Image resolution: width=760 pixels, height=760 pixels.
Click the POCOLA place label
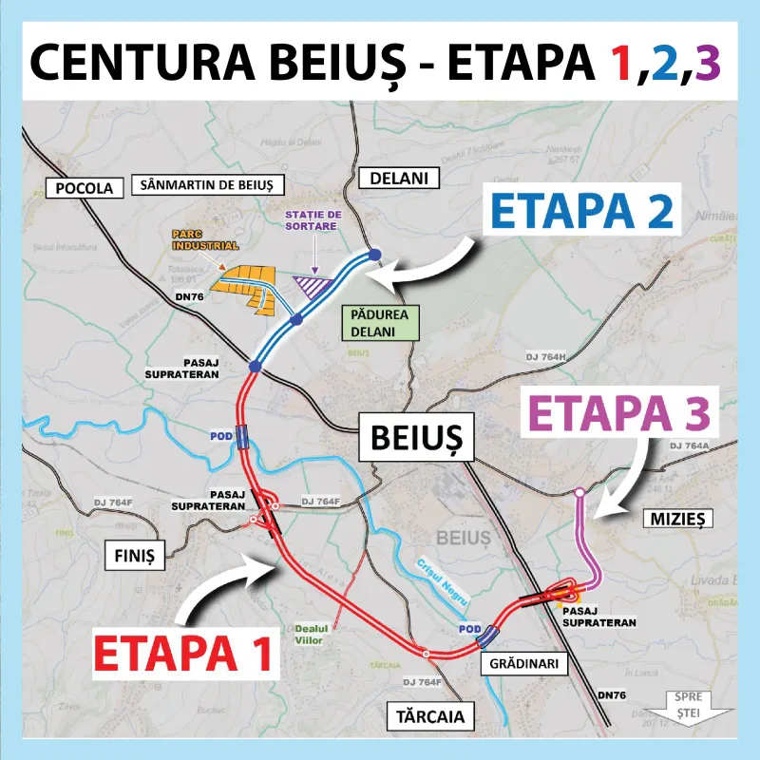[x=85, y=187]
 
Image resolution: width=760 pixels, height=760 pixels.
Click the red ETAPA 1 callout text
[x=185, y=654]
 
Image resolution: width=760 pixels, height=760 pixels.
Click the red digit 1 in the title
[x=619, y=63]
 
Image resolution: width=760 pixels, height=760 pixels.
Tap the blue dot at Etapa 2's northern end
[x=374, y=255]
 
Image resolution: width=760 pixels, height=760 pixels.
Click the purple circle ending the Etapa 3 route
[x=579, y=492]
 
